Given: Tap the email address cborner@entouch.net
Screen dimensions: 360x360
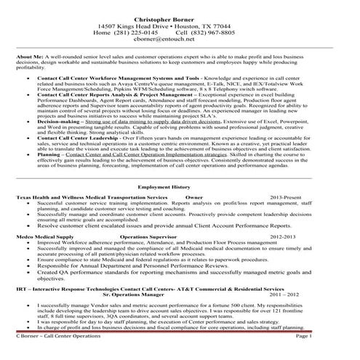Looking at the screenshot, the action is coord(180,41).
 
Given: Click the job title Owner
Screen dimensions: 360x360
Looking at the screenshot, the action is coord(193,197).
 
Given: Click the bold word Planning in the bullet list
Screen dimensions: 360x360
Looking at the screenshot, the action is coord(48,155).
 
